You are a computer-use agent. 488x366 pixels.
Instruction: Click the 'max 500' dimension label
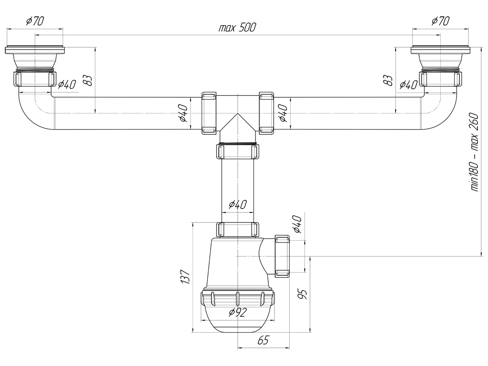[237, 28]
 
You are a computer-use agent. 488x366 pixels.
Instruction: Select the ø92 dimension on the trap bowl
[237, 312]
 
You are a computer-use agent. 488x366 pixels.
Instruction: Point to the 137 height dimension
[185, 277]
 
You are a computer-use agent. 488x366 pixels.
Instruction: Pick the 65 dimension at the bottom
[263, 340]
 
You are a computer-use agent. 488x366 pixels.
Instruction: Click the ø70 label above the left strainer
[35, 21]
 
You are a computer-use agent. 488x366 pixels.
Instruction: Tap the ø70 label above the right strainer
[440, 21]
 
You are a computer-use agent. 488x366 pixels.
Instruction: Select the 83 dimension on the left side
[88, 80]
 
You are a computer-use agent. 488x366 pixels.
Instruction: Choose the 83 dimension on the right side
[388, 80]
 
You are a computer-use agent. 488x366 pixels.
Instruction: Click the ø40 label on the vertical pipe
[237, 204]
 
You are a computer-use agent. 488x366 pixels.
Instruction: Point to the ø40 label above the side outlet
[297, 224]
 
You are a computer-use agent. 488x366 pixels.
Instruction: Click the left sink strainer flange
[35, 51]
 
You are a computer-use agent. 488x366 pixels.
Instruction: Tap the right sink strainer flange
[440, 51]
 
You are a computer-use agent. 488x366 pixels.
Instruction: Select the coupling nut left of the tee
[209, 113]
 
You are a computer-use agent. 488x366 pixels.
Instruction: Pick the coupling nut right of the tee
[266, 113]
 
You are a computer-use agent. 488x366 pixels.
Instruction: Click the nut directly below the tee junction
[237, 152]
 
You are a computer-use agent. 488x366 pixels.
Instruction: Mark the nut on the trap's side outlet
[282, 256]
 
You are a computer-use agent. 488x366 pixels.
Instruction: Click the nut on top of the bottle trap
[237, 230]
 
